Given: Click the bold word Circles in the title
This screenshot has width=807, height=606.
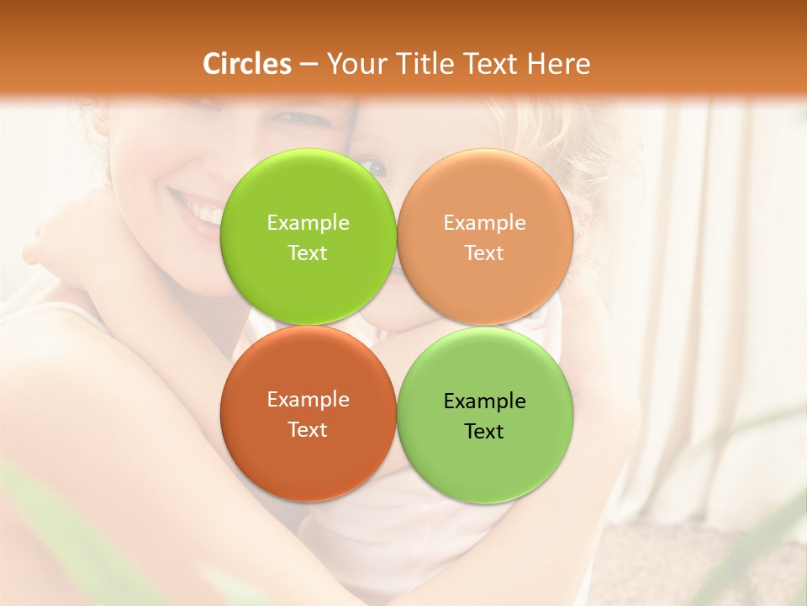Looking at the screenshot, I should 247,64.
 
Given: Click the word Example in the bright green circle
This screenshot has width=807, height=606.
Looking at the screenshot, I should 308,222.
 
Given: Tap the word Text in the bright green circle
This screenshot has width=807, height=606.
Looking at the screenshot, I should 308,252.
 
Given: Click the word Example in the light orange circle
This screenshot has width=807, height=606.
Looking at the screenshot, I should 484,222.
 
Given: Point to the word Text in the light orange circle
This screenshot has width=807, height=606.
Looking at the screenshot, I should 484,252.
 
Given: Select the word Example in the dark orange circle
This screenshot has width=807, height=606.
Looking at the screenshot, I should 308,400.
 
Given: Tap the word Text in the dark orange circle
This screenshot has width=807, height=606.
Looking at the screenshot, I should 308,429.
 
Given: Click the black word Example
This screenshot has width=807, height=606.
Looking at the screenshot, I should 484,401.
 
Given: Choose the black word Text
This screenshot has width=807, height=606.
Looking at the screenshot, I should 484,432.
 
